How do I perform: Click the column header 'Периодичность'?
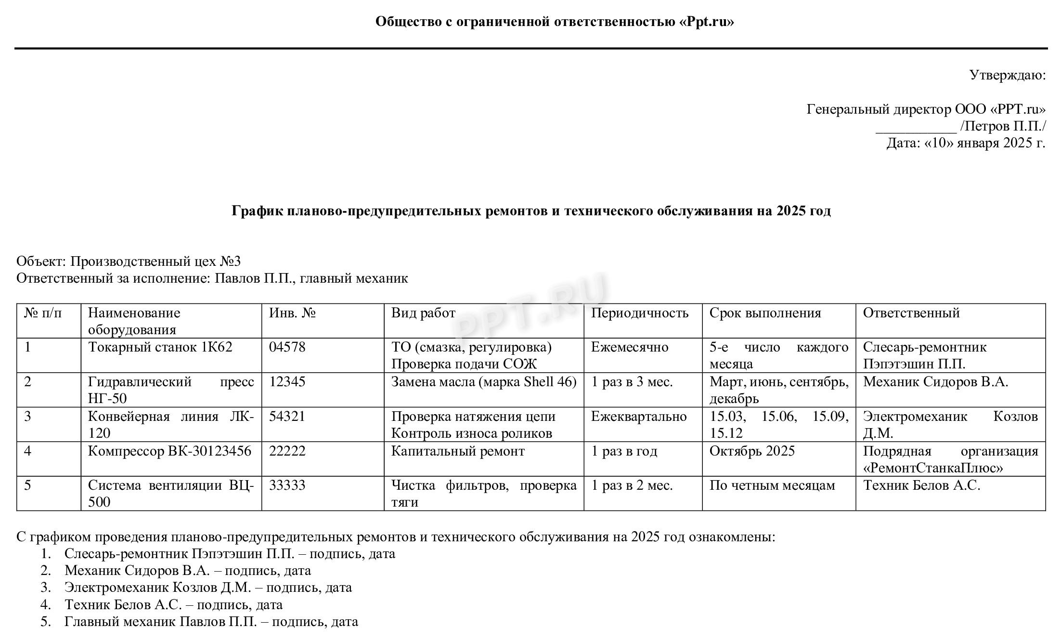point(639,313)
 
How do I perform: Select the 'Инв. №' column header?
point(292,313)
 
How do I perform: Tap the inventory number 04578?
point(287,347)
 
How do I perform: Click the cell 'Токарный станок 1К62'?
point(160,347)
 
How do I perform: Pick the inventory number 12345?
point(287,382)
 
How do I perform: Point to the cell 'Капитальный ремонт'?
point(458,451)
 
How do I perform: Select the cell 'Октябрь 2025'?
point(752,451)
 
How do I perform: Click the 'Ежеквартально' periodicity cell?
point(638,417)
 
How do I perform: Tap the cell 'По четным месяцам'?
point(772,485)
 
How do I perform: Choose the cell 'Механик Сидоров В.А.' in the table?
point(935,382)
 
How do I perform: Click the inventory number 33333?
point(287,485)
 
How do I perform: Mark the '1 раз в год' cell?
point(624,451)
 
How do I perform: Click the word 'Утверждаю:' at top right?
point(1007,76)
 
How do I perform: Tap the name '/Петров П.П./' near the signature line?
point(1003,127)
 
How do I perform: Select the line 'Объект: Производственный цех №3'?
point(129,261)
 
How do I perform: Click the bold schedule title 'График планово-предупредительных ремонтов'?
point(530,211)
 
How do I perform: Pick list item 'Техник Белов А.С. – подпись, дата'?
point(173,605)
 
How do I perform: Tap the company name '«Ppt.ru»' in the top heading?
point(707,22)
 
